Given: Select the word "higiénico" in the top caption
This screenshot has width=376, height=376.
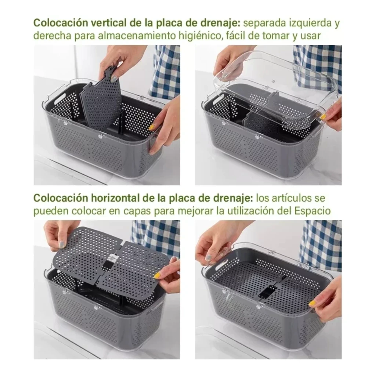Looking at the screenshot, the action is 199,36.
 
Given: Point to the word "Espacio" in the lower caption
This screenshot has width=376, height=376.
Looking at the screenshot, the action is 312,211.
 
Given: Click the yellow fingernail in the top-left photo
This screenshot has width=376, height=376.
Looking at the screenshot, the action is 152,127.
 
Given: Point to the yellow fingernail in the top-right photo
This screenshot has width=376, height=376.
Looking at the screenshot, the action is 323,117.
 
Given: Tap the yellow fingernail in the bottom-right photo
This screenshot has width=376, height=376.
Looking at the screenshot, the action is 312,304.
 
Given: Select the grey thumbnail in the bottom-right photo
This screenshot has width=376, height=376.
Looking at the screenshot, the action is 209,257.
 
